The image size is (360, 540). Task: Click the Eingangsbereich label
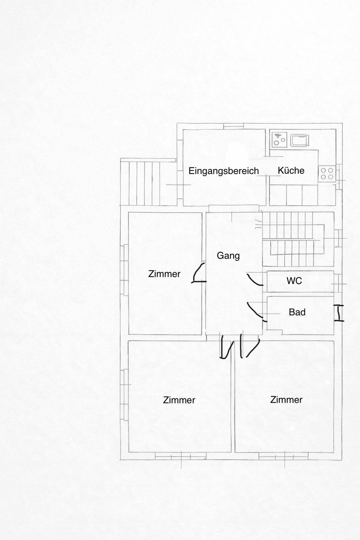click(x=224, y=171)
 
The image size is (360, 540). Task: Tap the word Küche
click(x=291, y=171)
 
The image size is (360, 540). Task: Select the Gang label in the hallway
click(x=228, y=256)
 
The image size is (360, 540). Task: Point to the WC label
click(x=294, y=281)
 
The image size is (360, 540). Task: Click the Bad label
click(x=297, y=312)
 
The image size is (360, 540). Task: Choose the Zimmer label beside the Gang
click(x=164, y=274)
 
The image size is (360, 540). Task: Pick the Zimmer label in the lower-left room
click(x=179, y=400)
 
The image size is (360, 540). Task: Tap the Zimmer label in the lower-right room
click(x=286, y=400)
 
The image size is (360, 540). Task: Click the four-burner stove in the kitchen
click(x=327, y=173)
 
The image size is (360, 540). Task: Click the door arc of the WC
click(x=255, y=280)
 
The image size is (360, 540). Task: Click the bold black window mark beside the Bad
click(x=339, y=313)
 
